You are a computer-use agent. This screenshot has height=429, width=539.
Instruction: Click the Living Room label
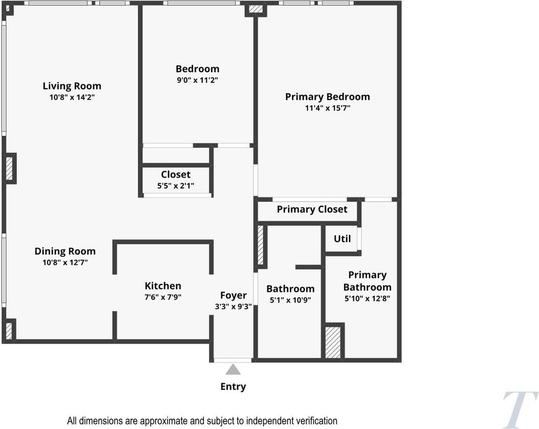[x=72, y=86]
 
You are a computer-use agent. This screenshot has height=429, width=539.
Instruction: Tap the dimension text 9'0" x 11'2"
[x=197, y=80]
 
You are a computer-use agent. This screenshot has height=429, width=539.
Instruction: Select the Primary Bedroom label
[x=327, y=97]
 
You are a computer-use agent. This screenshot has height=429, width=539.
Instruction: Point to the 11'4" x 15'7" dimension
[x=327, y=108]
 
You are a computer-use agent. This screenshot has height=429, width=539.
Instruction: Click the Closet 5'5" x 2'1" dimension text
[x=175, y=186]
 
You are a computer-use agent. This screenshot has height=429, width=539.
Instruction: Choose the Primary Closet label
[x=312, y=209]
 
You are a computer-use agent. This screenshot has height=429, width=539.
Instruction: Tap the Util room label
[x=342, y=239]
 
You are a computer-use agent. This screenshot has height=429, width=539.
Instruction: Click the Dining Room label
[x=65, y=251]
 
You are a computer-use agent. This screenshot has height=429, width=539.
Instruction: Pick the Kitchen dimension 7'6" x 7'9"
[x=163, y=297]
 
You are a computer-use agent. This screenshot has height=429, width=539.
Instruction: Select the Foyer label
[x=233, y=295]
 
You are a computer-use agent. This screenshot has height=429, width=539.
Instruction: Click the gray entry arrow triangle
[x=233, y=370]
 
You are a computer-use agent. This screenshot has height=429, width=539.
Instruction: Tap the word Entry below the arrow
[x=233, y=387]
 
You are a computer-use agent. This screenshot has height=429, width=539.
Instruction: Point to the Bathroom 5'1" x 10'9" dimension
[x=290, y=300]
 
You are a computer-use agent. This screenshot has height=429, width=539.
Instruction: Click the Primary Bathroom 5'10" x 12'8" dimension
[x=367, y=299]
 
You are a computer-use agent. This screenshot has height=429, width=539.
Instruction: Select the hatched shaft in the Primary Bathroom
[x=333, y=342]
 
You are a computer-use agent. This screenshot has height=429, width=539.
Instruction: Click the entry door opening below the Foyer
[x=233, y=360]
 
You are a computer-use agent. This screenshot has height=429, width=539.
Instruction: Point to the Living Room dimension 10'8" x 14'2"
[x=72, y=97]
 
